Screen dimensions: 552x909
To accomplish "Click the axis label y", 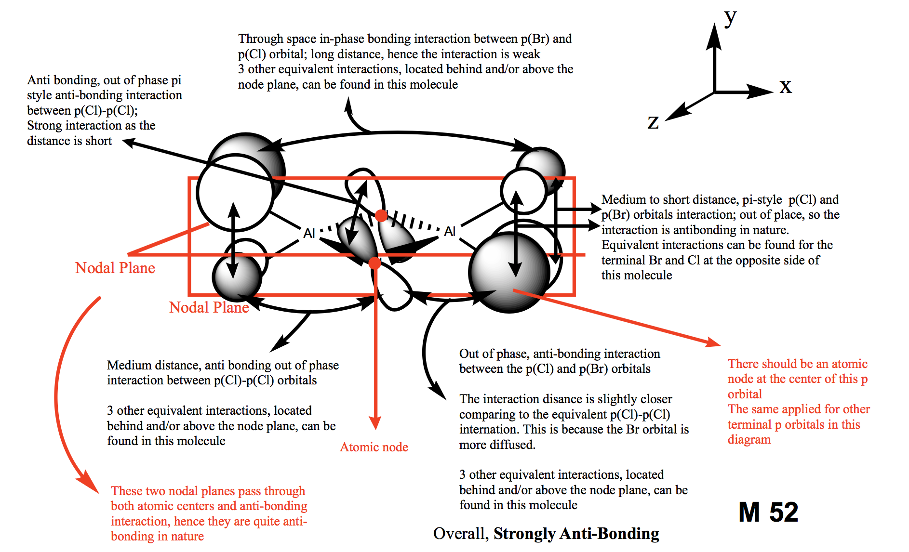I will (x=731, y=18).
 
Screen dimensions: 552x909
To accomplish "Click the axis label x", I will (x=785, y=87).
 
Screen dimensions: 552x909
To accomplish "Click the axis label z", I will (x=653, y=122).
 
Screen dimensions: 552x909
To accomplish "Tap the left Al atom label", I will (x=309, y=234).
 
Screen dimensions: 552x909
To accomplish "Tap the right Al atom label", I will (x=450, y=232).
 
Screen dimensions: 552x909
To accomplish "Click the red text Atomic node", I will (x=374, y=447).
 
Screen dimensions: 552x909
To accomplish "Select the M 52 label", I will (x=768, y=512).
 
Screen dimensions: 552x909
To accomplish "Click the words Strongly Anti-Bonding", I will (x=576, y=534).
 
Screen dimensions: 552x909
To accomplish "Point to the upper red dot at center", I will (x=381, y=215).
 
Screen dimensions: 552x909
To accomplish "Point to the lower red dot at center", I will (x=374, y=263).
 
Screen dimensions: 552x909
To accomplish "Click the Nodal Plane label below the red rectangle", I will (x=209, y=307).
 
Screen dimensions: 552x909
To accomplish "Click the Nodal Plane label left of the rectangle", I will (x=115, y=268).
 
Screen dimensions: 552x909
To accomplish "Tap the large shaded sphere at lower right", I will (x=509, y=272).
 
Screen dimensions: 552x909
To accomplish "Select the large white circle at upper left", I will (x=235, y=193).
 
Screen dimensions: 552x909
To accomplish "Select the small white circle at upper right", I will (x=523, y=191).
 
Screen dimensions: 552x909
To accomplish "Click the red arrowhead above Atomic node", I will (x=375, y=423).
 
